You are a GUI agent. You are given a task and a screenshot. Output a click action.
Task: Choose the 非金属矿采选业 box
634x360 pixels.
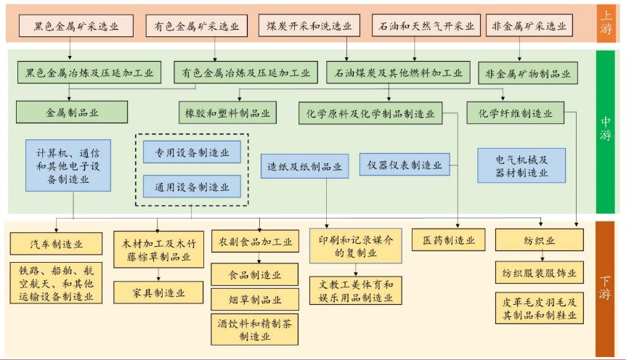click(527, 26)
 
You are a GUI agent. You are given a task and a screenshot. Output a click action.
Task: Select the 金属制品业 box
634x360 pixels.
click(73, 113)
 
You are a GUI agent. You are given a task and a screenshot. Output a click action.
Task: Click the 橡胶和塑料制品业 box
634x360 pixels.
click(225, 113)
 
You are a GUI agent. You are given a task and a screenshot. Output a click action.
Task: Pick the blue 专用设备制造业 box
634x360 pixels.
click(191, 152)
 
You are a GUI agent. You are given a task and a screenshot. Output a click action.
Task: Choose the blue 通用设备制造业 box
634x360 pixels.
click(191, 187)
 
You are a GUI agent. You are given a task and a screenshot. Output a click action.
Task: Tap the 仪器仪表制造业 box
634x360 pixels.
click(405, 165)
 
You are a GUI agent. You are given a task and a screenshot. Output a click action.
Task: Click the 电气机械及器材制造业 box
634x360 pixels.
click(521, 165)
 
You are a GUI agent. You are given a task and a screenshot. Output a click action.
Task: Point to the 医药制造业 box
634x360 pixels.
click(448, 240)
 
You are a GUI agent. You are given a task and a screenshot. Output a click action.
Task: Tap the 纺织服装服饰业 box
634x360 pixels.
click(539, 273)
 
